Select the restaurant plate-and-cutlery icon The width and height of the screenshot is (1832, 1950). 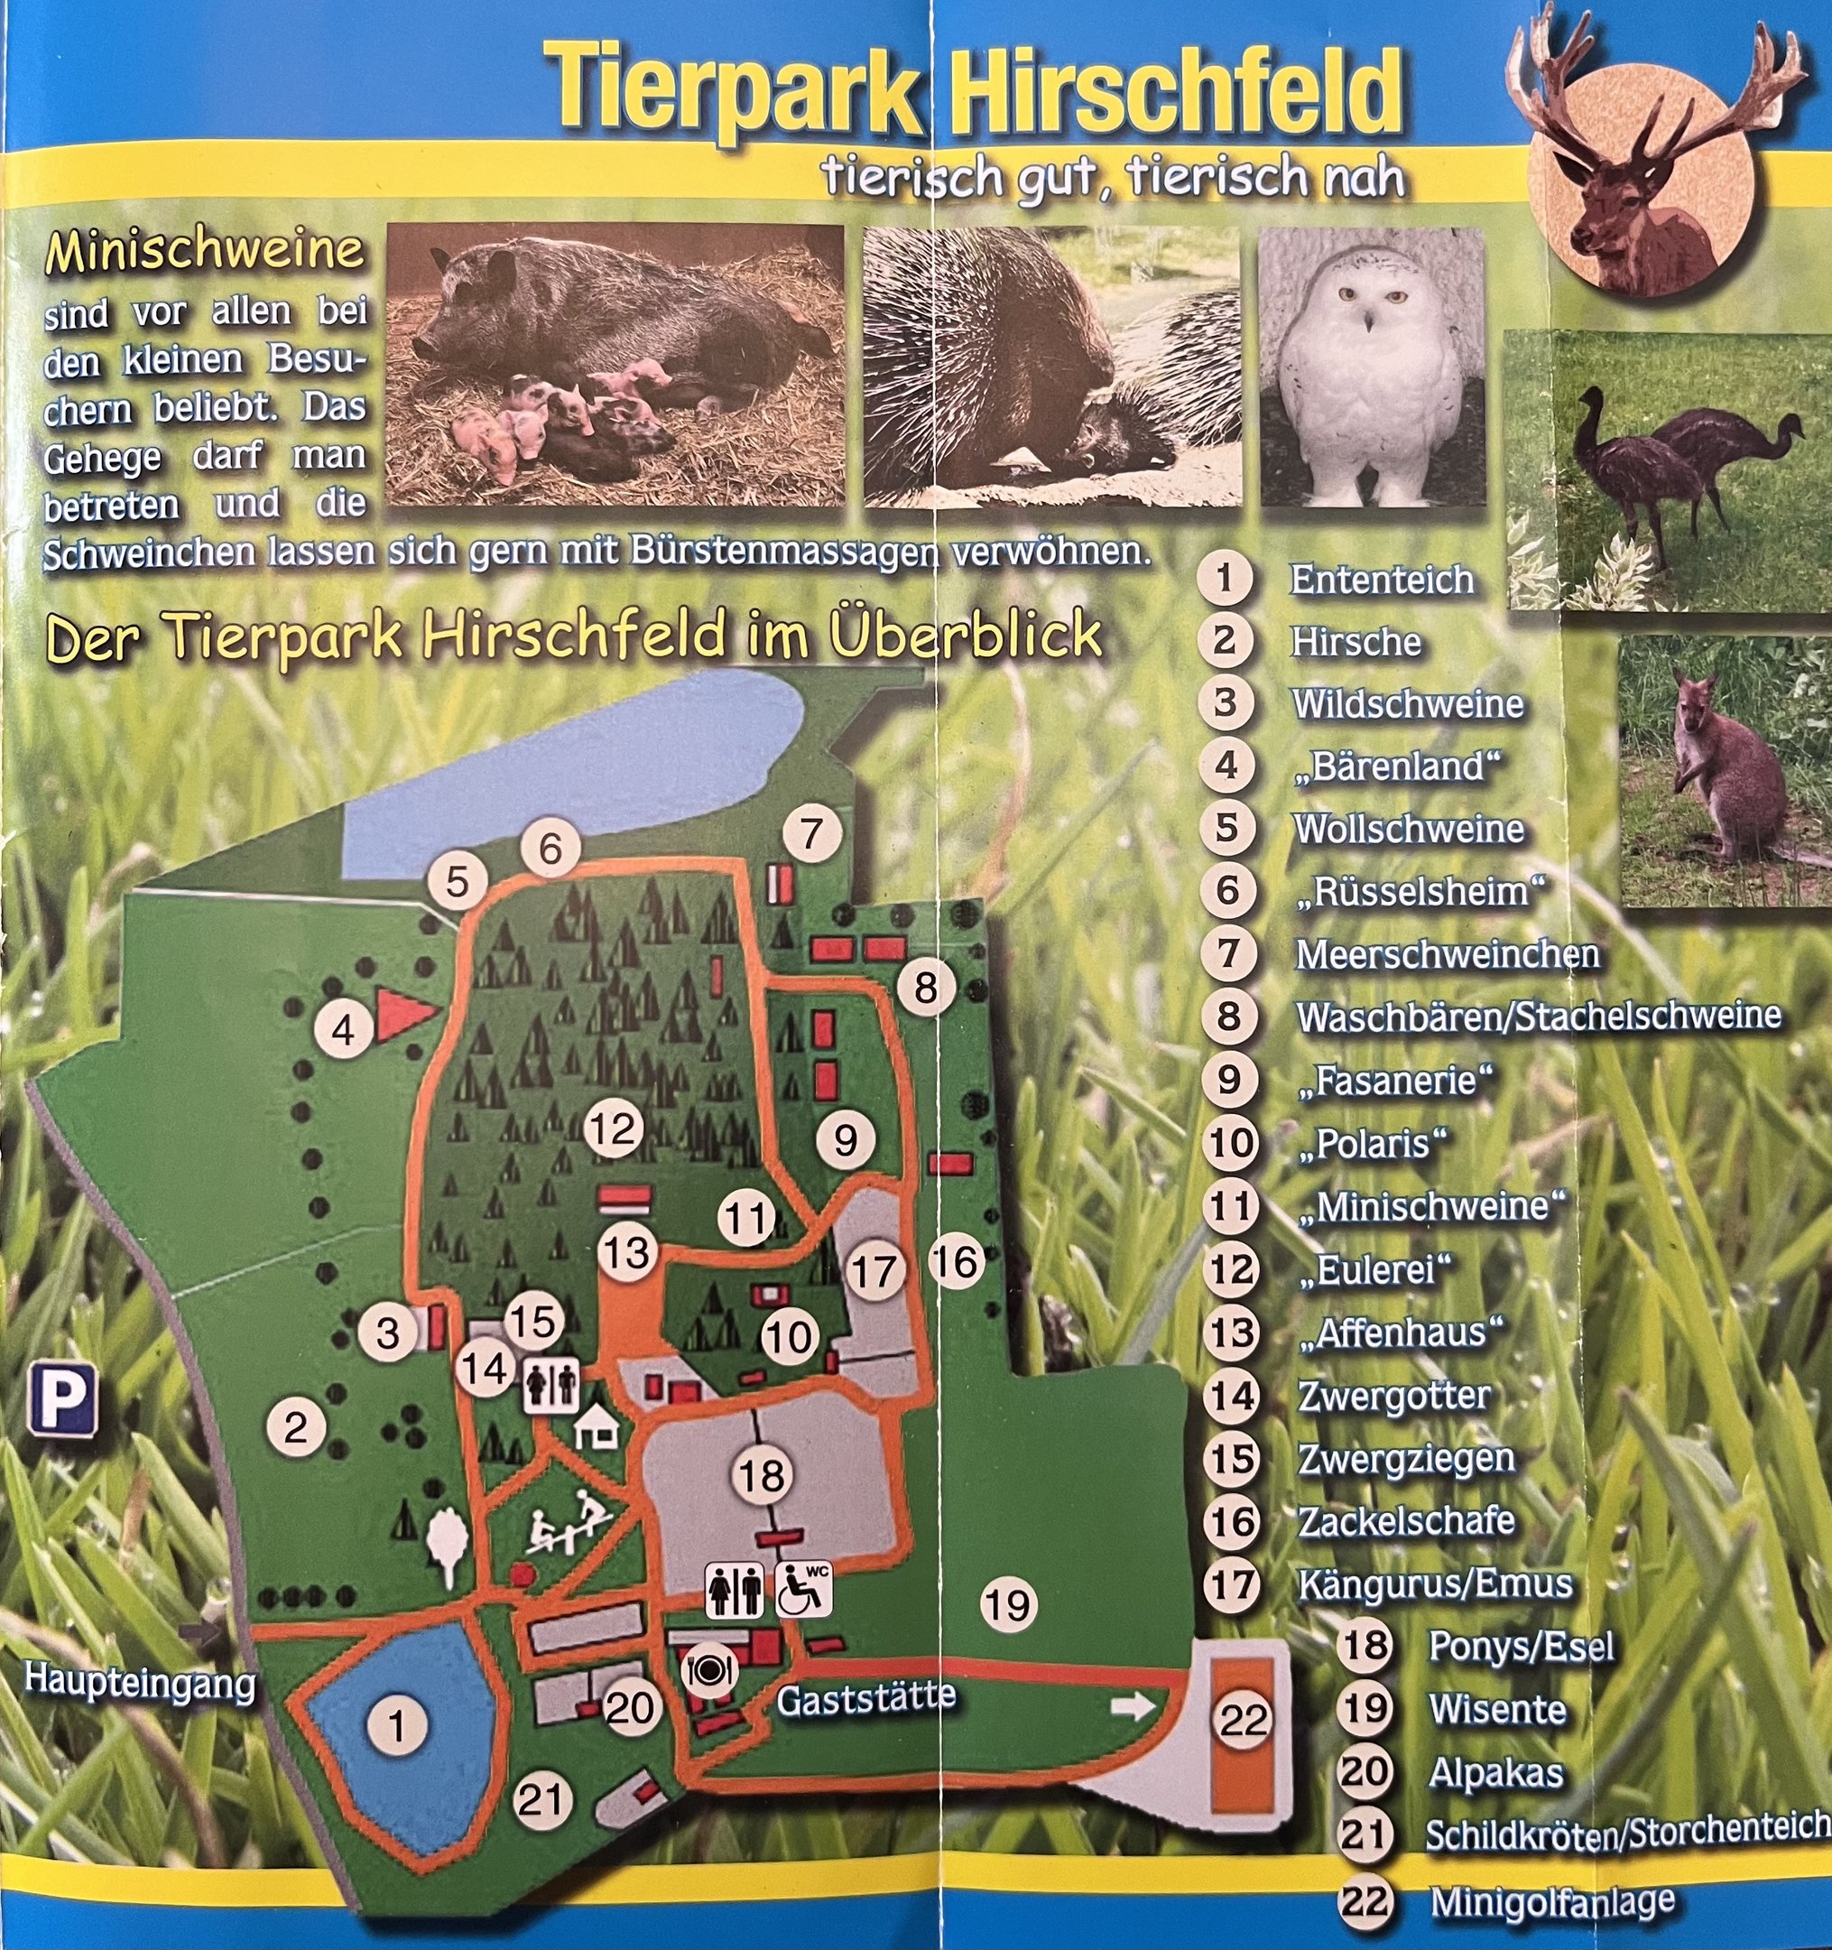[x=710, y=1667]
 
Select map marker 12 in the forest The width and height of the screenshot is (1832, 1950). [x=613, y=1129]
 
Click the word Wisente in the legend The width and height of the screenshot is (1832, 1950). [x=1497, y=1710]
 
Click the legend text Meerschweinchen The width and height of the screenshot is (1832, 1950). [x=1448, y=954]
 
